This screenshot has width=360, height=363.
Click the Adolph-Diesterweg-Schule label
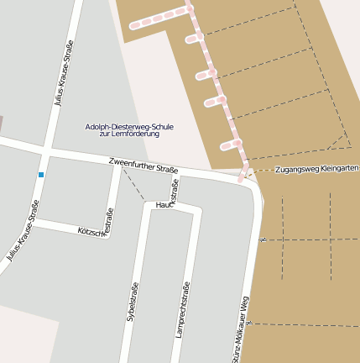pos(129,127)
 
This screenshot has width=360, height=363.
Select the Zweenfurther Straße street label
pos(143,165)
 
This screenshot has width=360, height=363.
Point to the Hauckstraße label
pos(165,202)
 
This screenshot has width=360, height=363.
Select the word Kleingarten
pos(339,168)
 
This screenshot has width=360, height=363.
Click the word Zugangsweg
pos(294,169)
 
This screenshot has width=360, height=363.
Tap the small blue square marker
pos(40,175)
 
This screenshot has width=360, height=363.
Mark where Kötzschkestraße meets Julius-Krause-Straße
pos(34,223)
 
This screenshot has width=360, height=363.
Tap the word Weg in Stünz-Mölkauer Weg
pos(246,307)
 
